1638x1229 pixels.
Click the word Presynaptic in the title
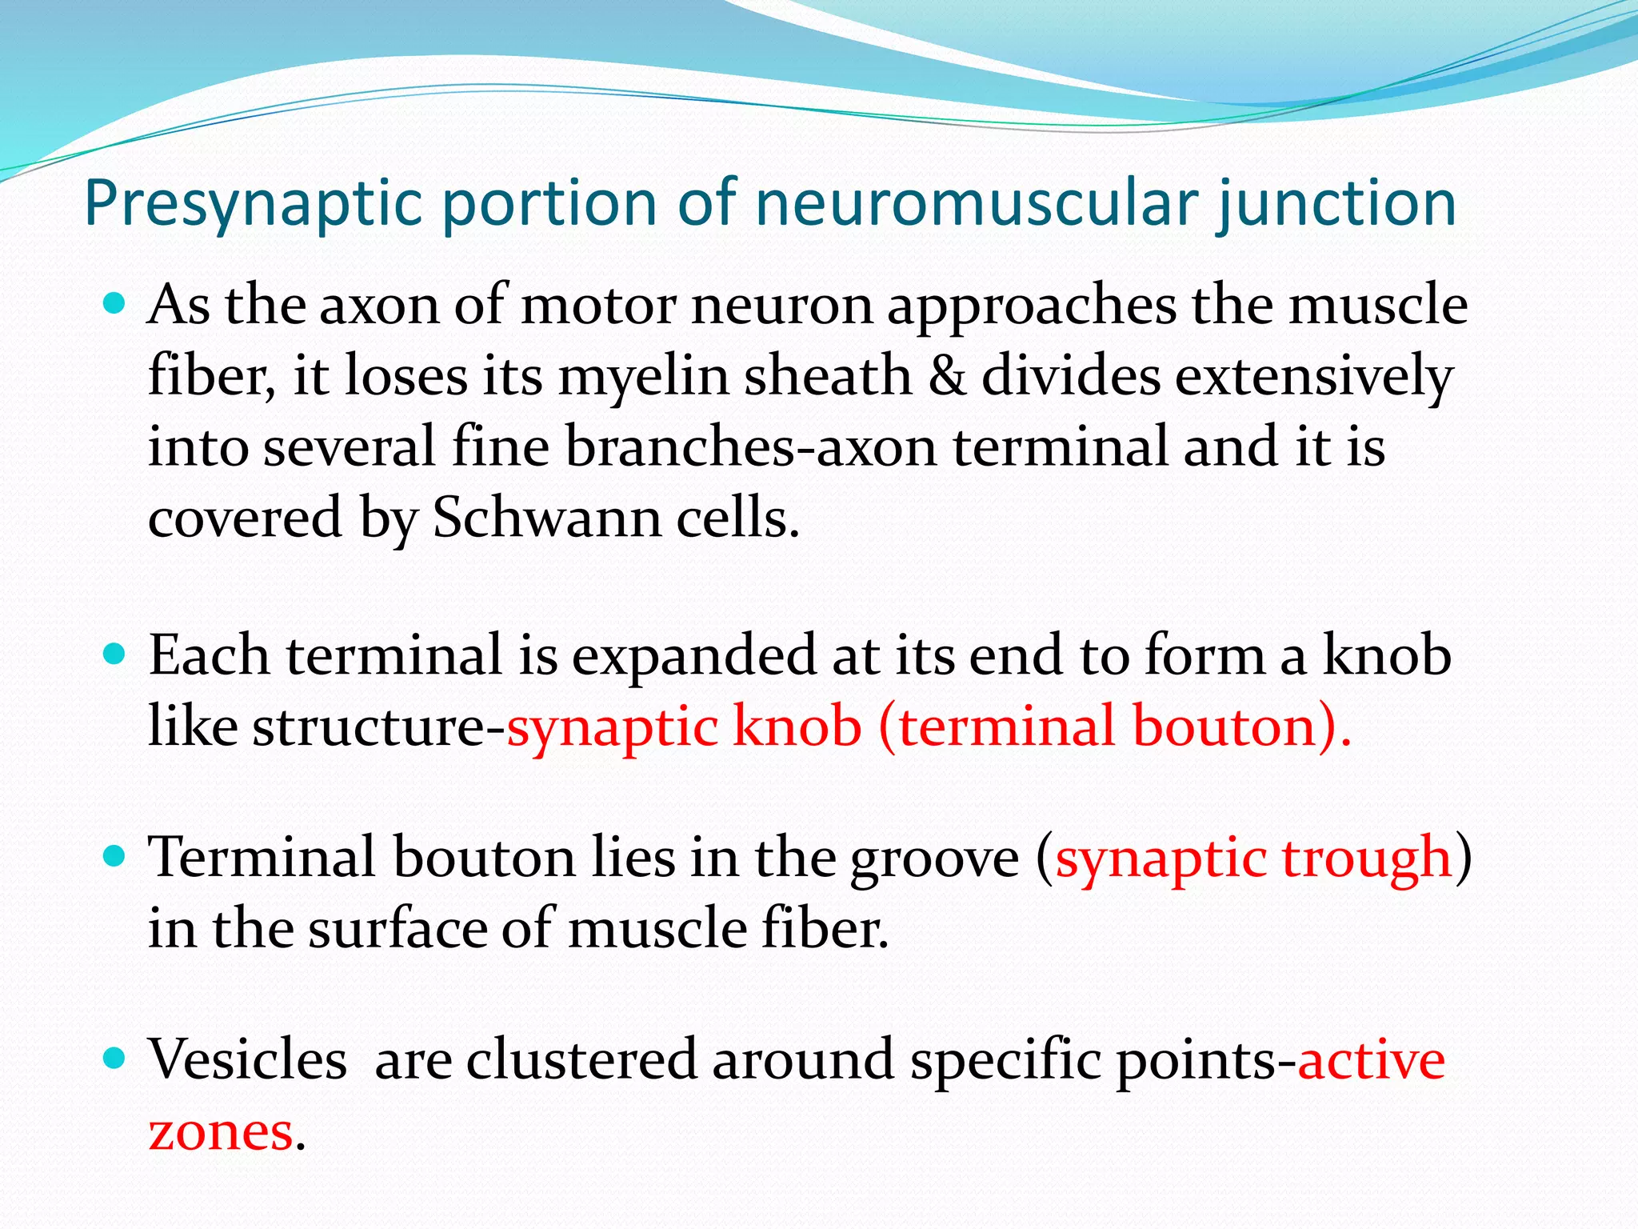coord(253,203)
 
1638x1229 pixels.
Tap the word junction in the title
coord(1336,203)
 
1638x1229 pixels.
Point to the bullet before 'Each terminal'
coord(116,655)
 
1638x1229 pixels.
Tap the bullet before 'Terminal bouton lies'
coord(116,857)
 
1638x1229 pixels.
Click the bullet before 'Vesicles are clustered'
coord(116,1059)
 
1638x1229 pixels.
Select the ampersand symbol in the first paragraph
coord(947,376)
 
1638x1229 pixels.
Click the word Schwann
coord(547,518)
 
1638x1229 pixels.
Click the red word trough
coord(1367,858)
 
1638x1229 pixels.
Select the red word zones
coord(221,1131)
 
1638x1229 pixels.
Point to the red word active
coord(1371,1059)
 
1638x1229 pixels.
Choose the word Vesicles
coord(248,1059)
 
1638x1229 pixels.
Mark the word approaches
coord(1032,306)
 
